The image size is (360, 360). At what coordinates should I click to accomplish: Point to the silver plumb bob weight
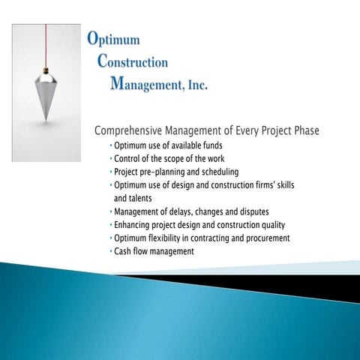pyautogui.click(x=46, y=93)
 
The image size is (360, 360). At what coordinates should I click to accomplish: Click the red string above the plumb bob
pyautogui.click(x=46, y=45)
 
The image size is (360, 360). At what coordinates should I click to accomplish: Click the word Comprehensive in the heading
pyautogui.click(x=130, y=131)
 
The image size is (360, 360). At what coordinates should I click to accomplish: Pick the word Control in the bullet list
pyautogui.click(x=127, y=159)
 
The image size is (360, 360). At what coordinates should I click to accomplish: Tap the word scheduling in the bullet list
pyautogui.click(x=217, y=172)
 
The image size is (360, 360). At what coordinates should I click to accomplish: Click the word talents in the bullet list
pyautogui.click(x=145, y=199)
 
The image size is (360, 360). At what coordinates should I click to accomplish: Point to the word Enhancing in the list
pyautogui.click(x=133, y=225)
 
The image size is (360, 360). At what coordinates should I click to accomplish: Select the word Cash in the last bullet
pyautogui.click(x=122, y=251)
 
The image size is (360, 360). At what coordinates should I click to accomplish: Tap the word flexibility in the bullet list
pyautogui.click(x=166, y=238)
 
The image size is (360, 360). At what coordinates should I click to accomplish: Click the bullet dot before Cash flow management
pyautogui.click(x=111, y=252)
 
